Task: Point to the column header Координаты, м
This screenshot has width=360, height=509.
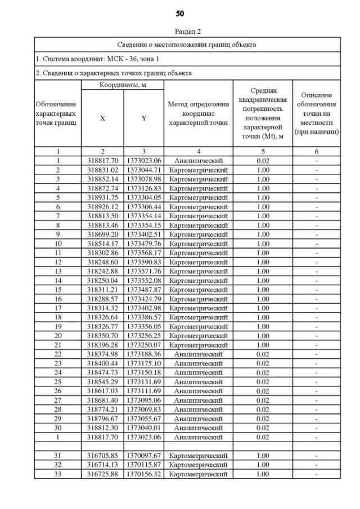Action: point(123,85)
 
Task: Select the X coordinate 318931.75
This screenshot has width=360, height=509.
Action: point(102,197)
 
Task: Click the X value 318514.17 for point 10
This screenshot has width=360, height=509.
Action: point(102,243)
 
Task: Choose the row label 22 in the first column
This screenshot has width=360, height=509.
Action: point(58,354)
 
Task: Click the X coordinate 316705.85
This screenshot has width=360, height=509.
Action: point(102,455)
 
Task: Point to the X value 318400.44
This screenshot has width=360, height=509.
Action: point(102,363)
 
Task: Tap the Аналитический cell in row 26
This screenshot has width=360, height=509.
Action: point(198,390)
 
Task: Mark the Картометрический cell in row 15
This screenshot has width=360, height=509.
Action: point(198,289)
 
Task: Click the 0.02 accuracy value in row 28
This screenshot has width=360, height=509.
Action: point(262,409)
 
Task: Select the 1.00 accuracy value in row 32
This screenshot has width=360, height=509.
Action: point(262,465)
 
